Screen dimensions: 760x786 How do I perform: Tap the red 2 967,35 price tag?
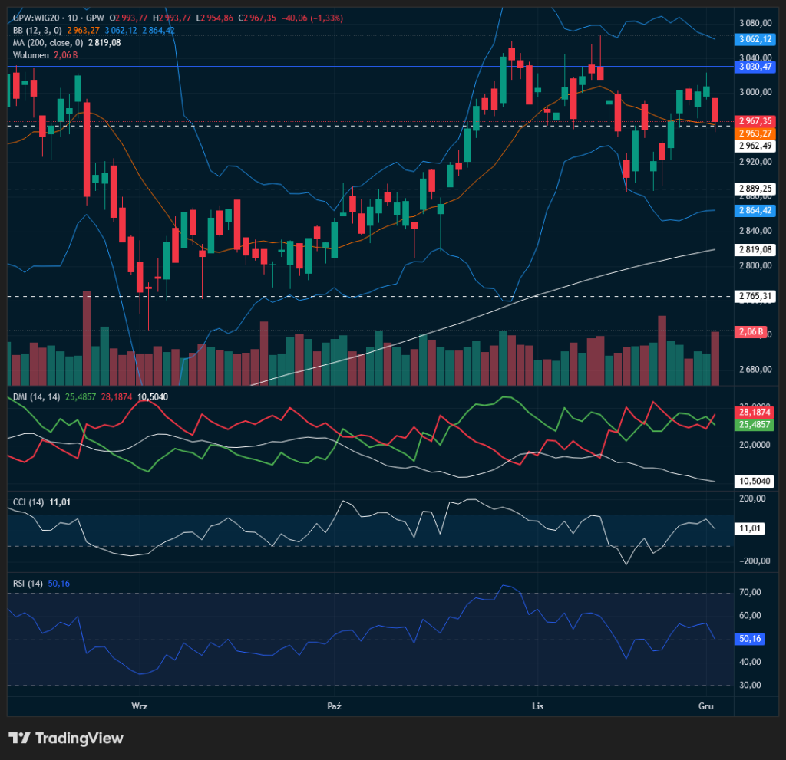point(755,120)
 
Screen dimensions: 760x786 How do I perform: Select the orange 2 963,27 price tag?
point(755,133)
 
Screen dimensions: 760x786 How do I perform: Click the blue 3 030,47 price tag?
point(755,67)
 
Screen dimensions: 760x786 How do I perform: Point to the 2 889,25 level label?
point(755,188)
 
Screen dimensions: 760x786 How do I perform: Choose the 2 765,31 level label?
point(755,296)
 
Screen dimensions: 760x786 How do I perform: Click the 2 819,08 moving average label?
point(755,249)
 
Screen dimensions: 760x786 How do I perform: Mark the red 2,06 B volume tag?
point(750,331)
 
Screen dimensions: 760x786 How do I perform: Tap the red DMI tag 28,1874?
point(755,412)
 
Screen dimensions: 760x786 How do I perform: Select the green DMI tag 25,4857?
point(755,424)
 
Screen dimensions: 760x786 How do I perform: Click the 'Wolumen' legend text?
point(31,55)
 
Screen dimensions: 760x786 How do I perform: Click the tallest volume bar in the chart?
point(87,337)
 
